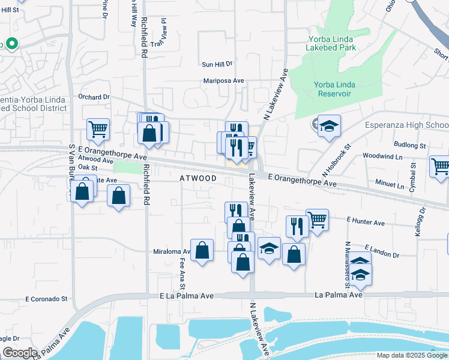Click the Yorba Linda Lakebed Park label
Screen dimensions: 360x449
(330, 43)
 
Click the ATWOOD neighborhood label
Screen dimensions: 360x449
(198, 179)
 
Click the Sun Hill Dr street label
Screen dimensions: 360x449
(217, 64)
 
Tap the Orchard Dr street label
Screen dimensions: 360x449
(95, 96)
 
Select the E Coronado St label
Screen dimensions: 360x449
(46, 299)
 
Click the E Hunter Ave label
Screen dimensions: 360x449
(366, 223)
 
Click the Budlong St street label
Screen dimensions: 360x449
(409, 145)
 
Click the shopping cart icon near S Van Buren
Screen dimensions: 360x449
(98, 128)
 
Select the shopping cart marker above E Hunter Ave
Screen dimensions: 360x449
(317, 220)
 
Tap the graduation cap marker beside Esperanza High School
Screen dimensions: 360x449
(329, 126)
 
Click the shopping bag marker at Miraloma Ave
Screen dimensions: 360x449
(202, 250)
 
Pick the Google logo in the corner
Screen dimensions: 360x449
(19, 353)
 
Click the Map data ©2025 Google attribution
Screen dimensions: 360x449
(412, 355)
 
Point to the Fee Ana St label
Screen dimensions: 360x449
(182, 269)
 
